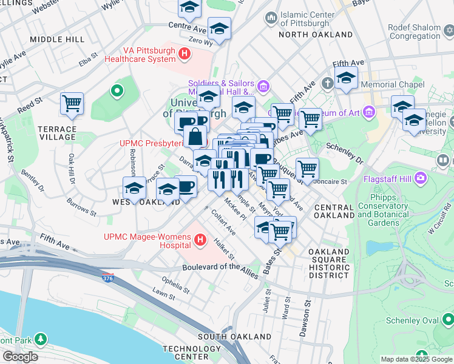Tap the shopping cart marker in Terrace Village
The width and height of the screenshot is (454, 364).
[72, 103]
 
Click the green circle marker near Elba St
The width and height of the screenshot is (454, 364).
[117, 92]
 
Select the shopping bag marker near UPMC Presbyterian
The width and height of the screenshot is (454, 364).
[195, 136]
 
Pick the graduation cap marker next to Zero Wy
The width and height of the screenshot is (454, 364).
[219, 28]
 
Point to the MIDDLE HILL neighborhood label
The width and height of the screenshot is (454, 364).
[57, 39]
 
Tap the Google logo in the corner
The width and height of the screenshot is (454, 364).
[20, 357]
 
